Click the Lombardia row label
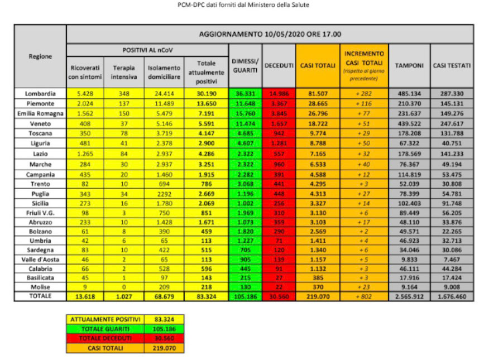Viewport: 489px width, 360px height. pyautogui.click(x=40, y=93)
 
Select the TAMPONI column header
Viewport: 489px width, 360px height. pyautogui.click(x=409, y=66)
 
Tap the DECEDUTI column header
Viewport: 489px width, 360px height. pyautogui.click(x=279, y=66)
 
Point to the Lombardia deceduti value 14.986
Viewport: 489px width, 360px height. pyautogui.click(x=279, y=93)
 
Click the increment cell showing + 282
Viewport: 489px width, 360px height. pyautogui.click(x=364, y=93)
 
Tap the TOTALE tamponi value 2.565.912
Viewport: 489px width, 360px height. pyautogui.click(x=409, y=296)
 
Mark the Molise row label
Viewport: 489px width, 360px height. pyautogui.click(x=40, y=286)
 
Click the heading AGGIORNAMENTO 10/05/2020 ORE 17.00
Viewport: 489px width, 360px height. pyautogui.click(x=270, y=34)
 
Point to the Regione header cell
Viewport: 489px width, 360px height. pyautogui.click(x=40, y=56)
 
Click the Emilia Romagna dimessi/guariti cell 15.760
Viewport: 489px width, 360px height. pyautogui.click(x=244, y=113)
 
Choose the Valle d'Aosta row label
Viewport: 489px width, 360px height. pyautogui.click(x=40, y=260)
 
